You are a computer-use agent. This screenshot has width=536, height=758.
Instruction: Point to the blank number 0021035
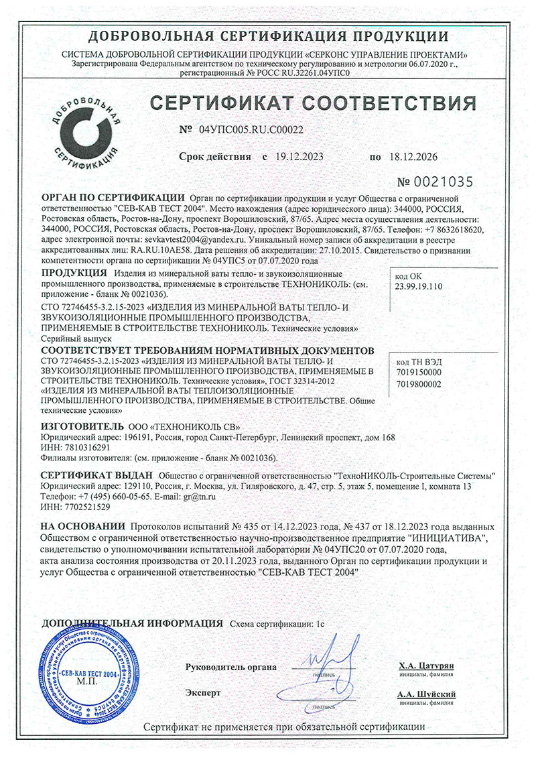444,182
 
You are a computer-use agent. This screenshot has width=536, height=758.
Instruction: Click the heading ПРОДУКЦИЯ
74,274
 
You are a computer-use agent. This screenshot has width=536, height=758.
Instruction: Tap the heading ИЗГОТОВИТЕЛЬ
82,426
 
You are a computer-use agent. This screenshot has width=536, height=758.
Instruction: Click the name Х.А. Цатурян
426,666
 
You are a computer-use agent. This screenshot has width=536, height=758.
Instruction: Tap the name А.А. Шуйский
426,694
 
